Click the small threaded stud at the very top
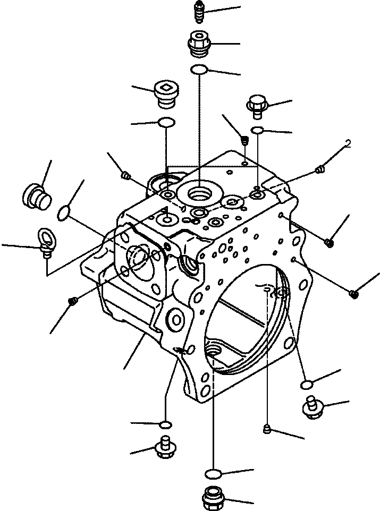(x=198, y=12)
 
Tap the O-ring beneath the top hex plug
(x=199, y=69)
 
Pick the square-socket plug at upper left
(x=166, y=92)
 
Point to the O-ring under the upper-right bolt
(x=258, y=131)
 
